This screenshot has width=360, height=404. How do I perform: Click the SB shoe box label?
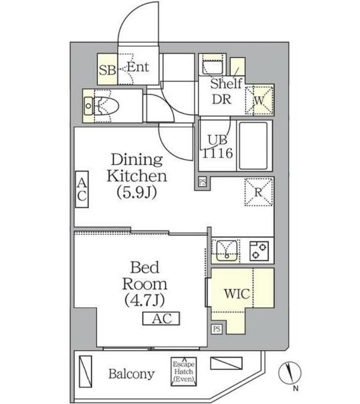pos(107,70)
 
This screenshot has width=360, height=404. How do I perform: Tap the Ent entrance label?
pos(138,67)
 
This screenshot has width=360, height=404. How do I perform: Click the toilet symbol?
pos(101,106)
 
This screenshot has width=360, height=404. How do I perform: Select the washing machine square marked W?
pos(260,100)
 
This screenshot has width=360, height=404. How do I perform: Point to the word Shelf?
pos(226,84)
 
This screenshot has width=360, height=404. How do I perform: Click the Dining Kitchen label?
pos(137,168)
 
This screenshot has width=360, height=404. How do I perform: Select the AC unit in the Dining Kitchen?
pos(81,189)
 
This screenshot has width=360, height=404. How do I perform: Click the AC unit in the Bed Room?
pos(161,319)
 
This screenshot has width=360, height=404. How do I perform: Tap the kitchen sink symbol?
pos(226,250)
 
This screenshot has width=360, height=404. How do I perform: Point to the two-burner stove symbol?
pos(259,250)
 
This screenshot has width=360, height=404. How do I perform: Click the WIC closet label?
pos(237,294)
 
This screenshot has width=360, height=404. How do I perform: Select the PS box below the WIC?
pos(217,329)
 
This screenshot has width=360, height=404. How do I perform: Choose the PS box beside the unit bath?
pos(203,182)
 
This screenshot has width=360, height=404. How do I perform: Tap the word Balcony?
pos(131,374)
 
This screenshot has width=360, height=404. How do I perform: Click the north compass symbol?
pos(290,373)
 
